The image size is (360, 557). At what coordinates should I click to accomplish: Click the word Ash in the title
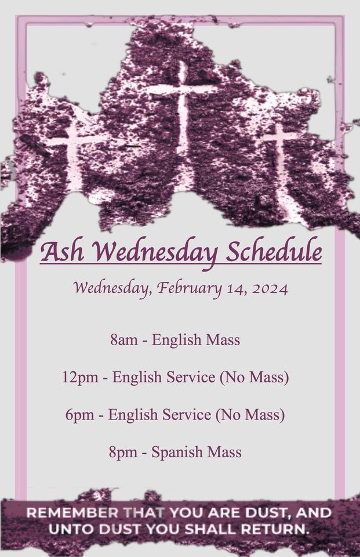click(x=63, y=252)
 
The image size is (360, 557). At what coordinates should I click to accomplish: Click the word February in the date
click(x=194, y=288)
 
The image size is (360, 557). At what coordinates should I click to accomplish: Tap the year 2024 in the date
click(x=270, y=288)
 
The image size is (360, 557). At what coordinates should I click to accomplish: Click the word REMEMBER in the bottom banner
click(x=71, y=513)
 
